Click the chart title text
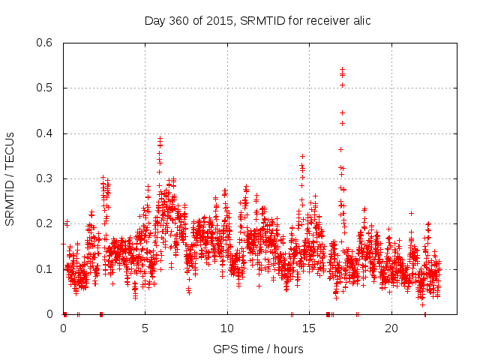pyautogui.click(x=257, y=20)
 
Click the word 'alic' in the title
pyautogui.click(x=360, y=20)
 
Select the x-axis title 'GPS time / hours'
pyautogui.click(x=258, y=349)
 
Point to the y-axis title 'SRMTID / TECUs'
pyautogui.click(x=10, y=178)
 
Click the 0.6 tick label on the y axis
pyautogui.click(x=46, y=43)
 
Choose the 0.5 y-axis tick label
pyautogui.click(x=46, y=88)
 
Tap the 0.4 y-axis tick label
pyautogui.click(x=46, y=133)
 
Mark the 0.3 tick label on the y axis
pyautogui.click(x=46, y=178)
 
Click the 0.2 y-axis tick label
pyautogui.click(x=46, y=223)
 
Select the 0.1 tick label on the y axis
pyautogui.click(x=46, y=268)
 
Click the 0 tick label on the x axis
pyautogui.click(x=63, y=328)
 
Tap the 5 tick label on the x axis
pyautogui.click(x=145, y=328)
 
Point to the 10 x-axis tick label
pyautogui.click(x=227, y=328)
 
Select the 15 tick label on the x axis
pyautogui.click(x=309, y=328)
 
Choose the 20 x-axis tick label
pyautogui.click(x=391, y=328)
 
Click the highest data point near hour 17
pyautogui.click(x=342, y=69)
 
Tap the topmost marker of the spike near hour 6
pyautogui.click(x=160, y=138)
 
